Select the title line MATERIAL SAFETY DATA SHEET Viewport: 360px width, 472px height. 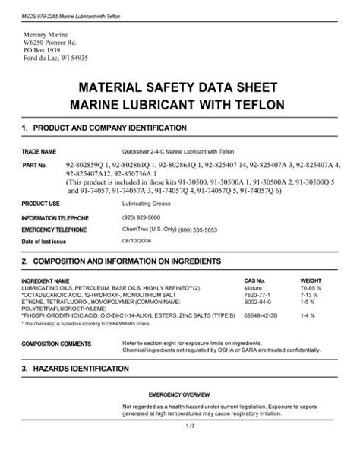pyautogui.click(x=180, y=87)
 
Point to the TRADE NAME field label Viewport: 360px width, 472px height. pyautogui.click(x=40, y=151)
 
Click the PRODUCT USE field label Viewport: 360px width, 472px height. pyautogui.click(x=42, y=204)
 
